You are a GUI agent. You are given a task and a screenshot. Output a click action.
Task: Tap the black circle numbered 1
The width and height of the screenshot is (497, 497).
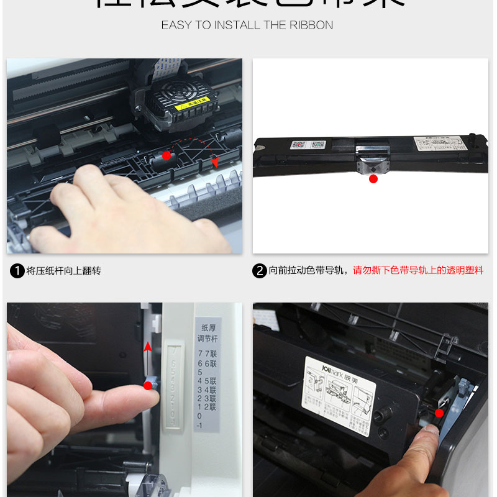pyautogui.click(x=17, y=271)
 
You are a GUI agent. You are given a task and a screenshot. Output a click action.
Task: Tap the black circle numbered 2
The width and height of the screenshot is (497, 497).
pyautogui.click(x=260, y=271)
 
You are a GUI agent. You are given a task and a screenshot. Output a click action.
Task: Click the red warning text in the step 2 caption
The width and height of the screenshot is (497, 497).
pyautogui.click(x=418, y=271)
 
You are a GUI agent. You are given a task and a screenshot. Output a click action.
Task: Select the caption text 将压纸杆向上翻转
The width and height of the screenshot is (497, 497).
pyautogui.click(x=63, y=271)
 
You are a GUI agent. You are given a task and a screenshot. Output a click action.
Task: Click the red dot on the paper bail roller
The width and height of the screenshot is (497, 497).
pyautogui.click(x=166, y=156)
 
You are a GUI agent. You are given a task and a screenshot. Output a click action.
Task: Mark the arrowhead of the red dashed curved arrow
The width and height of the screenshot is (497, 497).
pyautogui.click(x=215, y=163)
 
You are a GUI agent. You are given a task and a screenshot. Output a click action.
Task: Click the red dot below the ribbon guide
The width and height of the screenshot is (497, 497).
pyautogui.click(x=373, y=179)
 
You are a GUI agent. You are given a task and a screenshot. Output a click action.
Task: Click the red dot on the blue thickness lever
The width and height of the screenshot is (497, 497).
pyautogui.click(x=148, y=386)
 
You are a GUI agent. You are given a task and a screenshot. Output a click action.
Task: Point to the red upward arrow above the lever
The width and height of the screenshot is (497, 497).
pyautogui.click(x=147, y=351)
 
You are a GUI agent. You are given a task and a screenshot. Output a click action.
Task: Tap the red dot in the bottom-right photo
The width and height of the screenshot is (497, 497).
pyautogui.click(x=439, y=413)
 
